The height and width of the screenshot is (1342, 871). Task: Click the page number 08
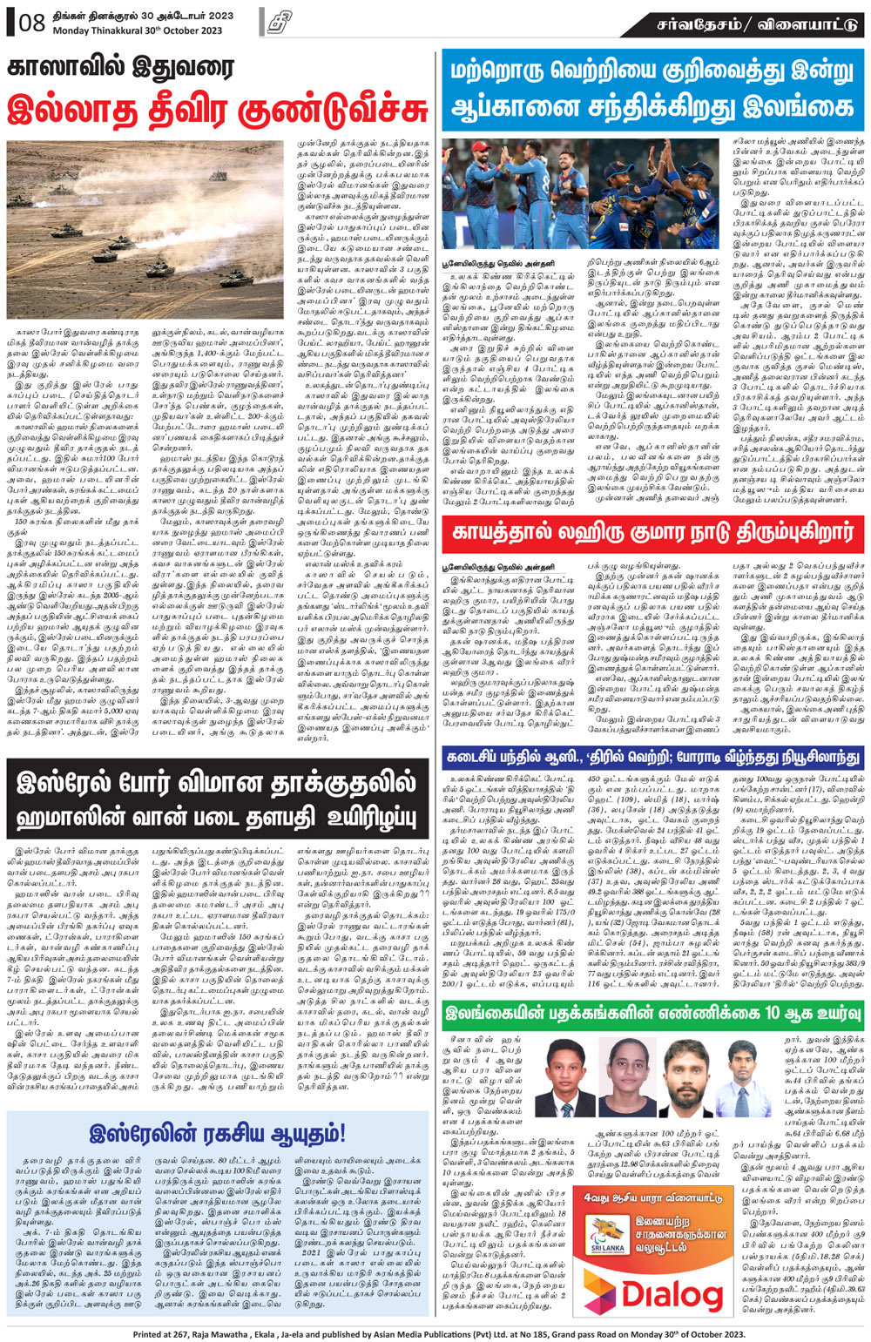pyautogui.click(x=31, y=23)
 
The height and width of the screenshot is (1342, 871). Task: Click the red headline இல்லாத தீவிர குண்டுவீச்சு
pyautogui.click(x=218, y=111)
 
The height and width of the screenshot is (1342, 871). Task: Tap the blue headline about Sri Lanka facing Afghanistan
pyautogui.click(x=652, y=91)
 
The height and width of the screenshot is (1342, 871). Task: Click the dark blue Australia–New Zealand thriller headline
pyautogui.click(x=652, y=758)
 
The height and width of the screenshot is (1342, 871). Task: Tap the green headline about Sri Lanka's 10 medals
pyautogui.click(x=652, y=1013)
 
